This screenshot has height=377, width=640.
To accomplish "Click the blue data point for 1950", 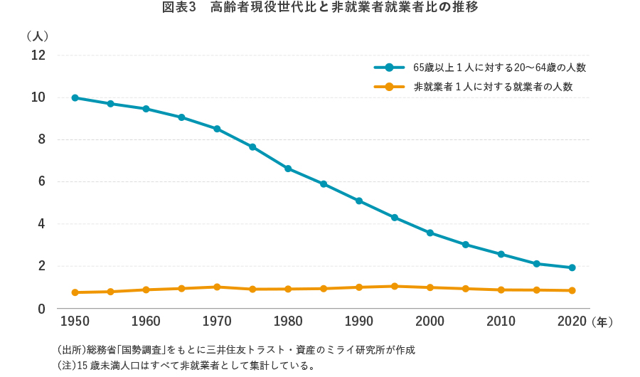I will pyautogui.click(x=75, y=97).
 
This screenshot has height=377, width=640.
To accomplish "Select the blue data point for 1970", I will pyautogui.click(x=217, y=129).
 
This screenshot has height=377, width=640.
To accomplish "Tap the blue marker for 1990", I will pyautogui.click(x=359, y=201).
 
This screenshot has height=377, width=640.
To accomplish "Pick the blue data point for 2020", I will pyautogui.click(x=572, y=267).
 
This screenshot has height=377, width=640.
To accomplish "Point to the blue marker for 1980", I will pyautogui.click(x=288, y=169).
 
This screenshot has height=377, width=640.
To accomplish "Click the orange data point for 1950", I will pyautogui.click(x=75, y=292).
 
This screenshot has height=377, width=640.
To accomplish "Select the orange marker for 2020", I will pyautogui.click(x=572, y=290).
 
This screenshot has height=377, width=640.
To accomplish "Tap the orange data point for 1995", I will pyautogui.click(x=395, y=286).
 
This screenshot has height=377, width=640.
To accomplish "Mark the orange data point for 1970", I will pyautogui.click(x=217, y=287).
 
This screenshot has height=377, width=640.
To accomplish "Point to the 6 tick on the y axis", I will pyautogui.click(x=41, y=182).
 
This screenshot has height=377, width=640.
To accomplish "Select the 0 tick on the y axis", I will pyautogui.click(x=41, y=309).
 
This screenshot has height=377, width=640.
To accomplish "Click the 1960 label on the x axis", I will pyautogui.click(x=146, y=322).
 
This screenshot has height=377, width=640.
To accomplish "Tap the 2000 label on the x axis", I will pyautogui.click(x=430, y=322).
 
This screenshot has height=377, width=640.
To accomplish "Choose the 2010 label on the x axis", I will pyautogui.click(x=501, y=322).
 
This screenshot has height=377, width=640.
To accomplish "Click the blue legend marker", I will pyautogui.click(x=389, y=68).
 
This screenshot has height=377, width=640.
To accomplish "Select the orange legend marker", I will pyautogui.click(x=389, y=87).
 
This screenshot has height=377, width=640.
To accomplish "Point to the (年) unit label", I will pyautogui.click(x=602, y=322).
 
